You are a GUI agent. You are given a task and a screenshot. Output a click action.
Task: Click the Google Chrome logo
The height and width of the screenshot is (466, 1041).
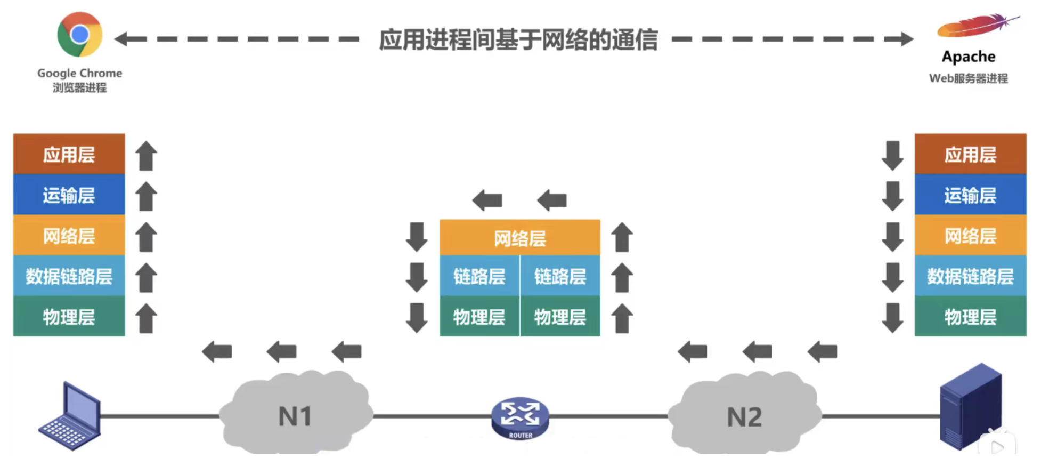point(80,35)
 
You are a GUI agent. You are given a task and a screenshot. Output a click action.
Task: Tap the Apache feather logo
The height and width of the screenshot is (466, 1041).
point(976,27)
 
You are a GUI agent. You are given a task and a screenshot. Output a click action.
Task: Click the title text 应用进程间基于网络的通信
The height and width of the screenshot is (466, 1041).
point(518,40)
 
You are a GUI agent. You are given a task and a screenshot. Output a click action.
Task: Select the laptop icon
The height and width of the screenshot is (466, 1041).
point(71,416)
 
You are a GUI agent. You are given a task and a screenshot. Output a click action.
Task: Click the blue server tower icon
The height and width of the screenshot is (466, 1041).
point(970,406)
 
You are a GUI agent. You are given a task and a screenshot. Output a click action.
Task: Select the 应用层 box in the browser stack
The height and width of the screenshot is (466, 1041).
point(69,155)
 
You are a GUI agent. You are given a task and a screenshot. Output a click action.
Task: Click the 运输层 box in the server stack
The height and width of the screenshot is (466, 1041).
point(970,195)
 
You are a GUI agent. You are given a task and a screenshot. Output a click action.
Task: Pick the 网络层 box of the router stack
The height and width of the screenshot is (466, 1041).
point(519,238)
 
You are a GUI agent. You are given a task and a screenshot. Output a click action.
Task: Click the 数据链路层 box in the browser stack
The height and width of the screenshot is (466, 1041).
point(69,276)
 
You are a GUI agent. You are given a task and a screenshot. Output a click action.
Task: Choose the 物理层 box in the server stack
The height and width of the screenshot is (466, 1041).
point(970,317)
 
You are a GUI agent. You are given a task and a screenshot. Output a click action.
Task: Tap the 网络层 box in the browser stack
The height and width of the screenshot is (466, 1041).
point(69,236)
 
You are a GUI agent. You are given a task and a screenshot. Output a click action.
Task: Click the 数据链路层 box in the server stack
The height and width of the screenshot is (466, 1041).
point(970,276)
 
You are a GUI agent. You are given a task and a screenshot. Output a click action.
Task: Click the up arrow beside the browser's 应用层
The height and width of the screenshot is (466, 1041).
point(146,156)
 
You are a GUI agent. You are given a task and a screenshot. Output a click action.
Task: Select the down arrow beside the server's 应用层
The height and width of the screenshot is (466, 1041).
point(892,156)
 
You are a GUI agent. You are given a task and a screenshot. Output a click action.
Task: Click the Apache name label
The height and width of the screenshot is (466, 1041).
point(969,57)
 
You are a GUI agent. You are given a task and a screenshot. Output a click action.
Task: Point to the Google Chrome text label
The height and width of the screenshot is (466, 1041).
point(80,73)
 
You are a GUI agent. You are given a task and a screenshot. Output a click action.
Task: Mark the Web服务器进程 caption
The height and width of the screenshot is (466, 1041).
point(969,78)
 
